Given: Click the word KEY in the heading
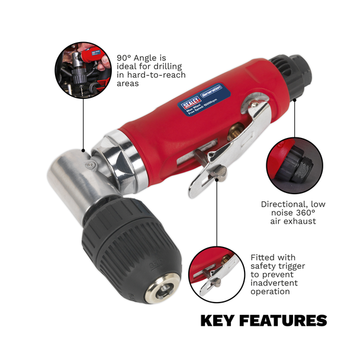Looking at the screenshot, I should tap(219, 321).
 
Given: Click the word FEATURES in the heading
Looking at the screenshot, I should tap(284, 321).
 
